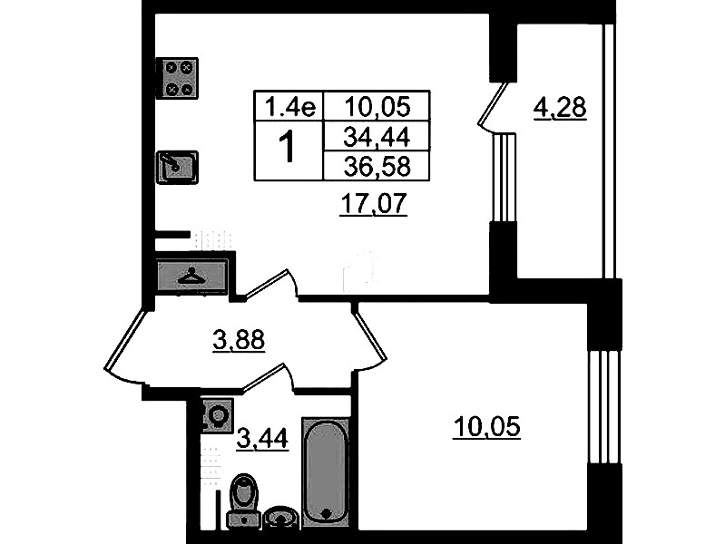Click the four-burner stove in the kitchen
coord(177,78)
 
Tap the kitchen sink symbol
coord(177,167)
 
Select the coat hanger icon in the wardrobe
coord(191,277)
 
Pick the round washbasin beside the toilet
coord(280,517)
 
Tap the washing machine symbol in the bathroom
coord(217,415)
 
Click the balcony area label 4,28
coord(560,108)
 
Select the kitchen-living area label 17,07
coord(373,203)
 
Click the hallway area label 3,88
coord(239,340)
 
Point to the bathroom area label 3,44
coord(262,438)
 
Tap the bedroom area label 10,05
coord(486,426)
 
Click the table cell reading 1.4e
coord(289,106)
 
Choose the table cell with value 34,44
coord(377,136)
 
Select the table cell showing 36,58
coord(377,166)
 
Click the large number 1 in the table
coord(288,146)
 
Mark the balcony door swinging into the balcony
coord(493,105)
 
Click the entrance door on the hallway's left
coord(125,342)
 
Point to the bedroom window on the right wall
coord(603,408)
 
